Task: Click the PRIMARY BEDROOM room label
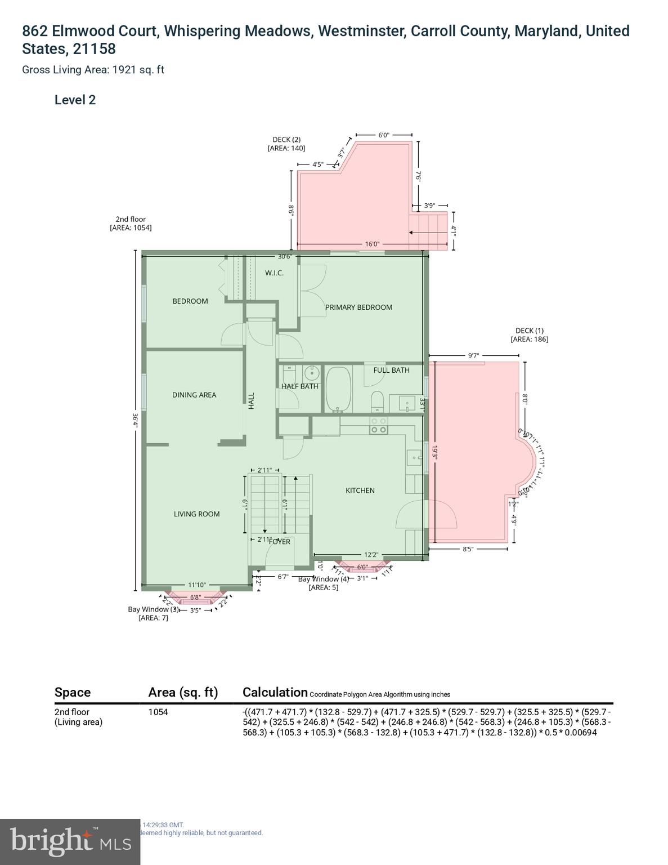pyautogui.click(x=358, y=307)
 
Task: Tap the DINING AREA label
pyautogui.click(x=194, y=395)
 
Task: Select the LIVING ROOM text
pyautogui.click(x=196, y=514)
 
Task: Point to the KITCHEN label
pyautogui.click(x=360, y=491)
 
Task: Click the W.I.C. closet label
pyautogui.click(x=274, y=273)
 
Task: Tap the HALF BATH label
pyautogui.click(x=300, y=386)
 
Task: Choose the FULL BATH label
pyautogui.click(x=391, y=370)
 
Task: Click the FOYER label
pyautogui.click(x=280, y=542)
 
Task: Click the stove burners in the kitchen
pyautogui.click(x=378, y=425)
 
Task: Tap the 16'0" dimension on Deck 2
pyautogui.click(x=373, y=244)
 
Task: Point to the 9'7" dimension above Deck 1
pyautogui.click(x=473, y=355)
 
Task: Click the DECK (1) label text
pyautogui.click(x=529, y=331)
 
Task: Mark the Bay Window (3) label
pyautogui.click(x=153, y=609)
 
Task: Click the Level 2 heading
pyautogui.click(x=75, y=100)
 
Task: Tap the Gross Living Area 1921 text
pyautogui.click(x=93, y=70)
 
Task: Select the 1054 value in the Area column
pyautogui.click(x=158, y=712)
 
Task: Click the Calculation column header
pyautogui.click(x=275, y=692)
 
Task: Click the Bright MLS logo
pyautogui.click(x=70, y=842)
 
